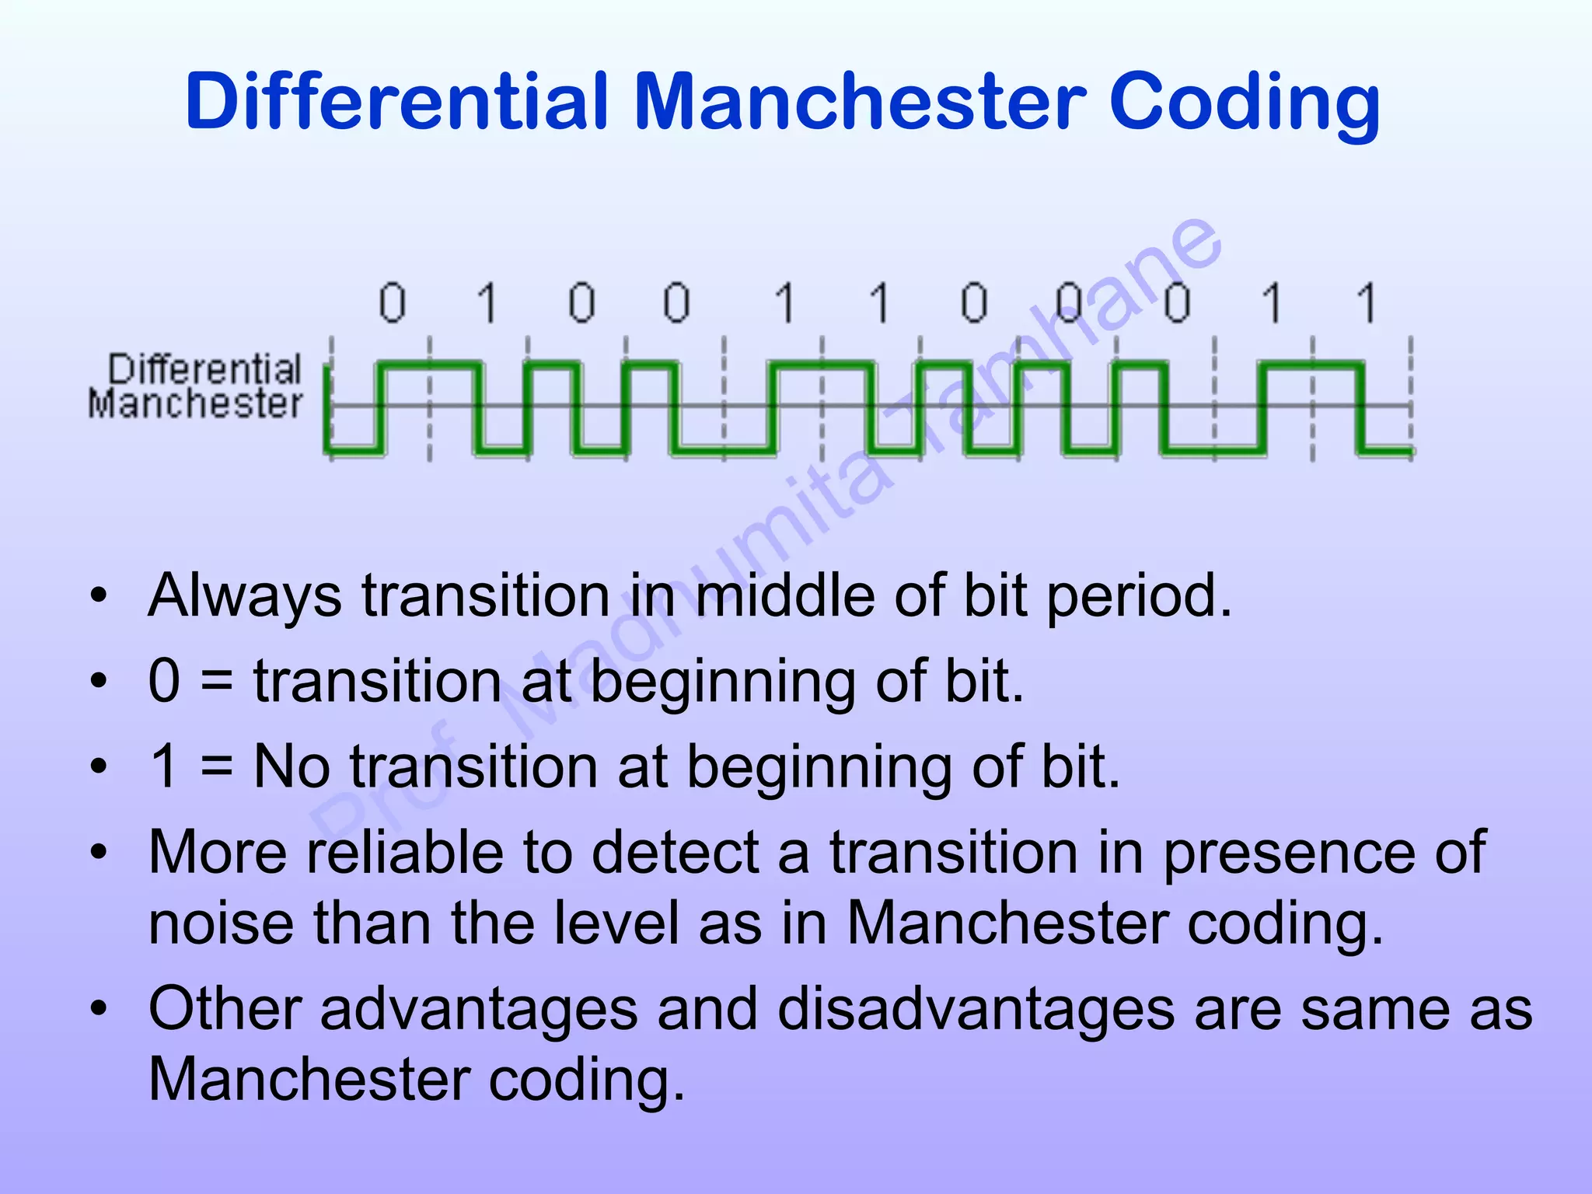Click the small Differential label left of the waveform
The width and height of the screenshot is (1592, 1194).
[x=204, y=369]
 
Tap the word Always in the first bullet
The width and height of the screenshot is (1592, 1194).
[x=245, y=597]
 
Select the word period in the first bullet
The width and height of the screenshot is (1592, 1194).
[x=1139, y=597]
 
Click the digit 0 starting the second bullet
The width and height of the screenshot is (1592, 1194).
[x=165, y=681]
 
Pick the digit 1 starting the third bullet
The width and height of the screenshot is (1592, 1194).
[x=165, y=766]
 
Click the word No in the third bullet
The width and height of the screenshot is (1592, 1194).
[x=292, y=766]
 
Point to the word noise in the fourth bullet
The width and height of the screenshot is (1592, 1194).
[x=221, y=924]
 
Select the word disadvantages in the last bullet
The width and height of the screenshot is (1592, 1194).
[x=976, y=1010]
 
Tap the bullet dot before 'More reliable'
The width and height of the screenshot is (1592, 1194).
[x=98, y=853]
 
